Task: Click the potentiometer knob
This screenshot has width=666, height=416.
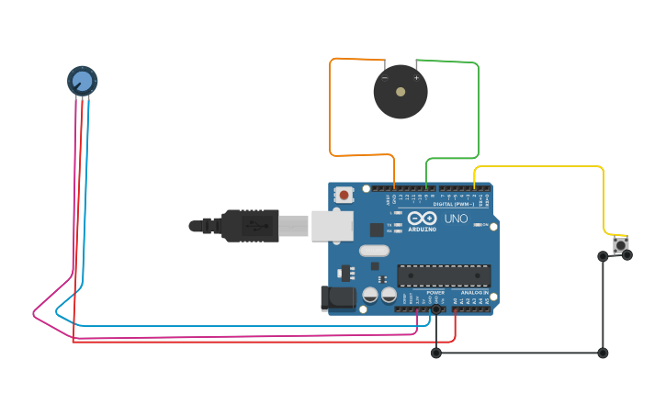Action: click(82, 81)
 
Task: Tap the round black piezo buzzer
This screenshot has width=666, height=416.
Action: click(401, 92)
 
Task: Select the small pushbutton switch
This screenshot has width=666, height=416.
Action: click(621, 245)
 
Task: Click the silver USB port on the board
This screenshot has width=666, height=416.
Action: click(332, 225)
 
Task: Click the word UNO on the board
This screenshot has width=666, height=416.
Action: click(457, 219)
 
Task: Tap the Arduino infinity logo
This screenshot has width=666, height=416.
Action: click(423, 218)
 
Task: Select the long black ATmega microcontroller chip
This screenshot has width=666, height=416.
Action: click(444, 275)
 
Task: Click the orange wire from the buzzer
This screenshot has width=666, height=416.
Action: click(331, 110)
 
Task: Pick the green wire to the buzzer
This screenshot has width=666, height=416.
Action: click(478, 110)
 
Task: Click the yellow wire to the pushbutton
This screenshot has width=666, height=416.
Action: click(551, 166)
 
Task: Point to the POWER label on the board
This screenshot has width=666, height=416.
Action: click(435, 292)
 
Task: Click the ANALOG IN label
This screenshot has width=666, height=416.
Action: click(474, 292)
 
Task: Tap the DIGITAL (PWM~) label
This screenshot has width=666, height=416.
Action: click(454, 204)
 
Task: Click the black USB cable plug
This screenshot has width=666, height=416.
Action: click(248, 225)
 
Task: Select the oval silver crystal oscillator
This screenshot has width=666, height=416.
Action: click(374, 251)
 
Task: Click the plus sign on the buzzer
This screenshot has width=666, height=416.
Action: click(416, 78)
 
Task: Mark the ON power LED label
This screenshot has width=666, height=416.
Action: click(485, 223)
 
